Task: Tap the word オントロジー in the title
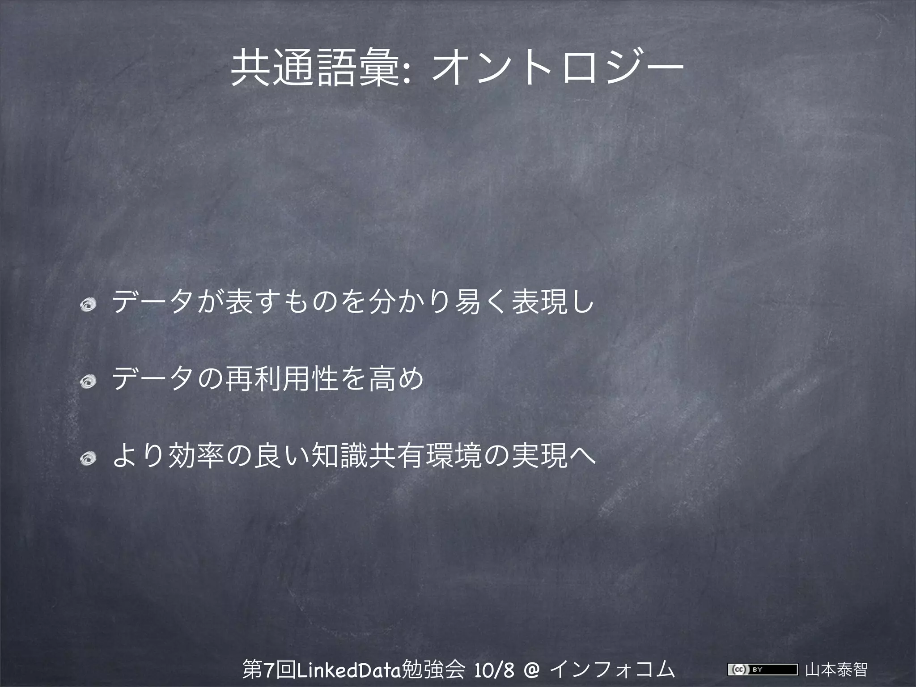pos(556,68)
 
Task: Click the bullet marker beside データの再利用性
pos(87,382)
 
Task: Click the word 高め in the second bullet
pos(396,378)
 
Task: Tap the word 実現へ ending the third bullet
pos(553,455)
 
